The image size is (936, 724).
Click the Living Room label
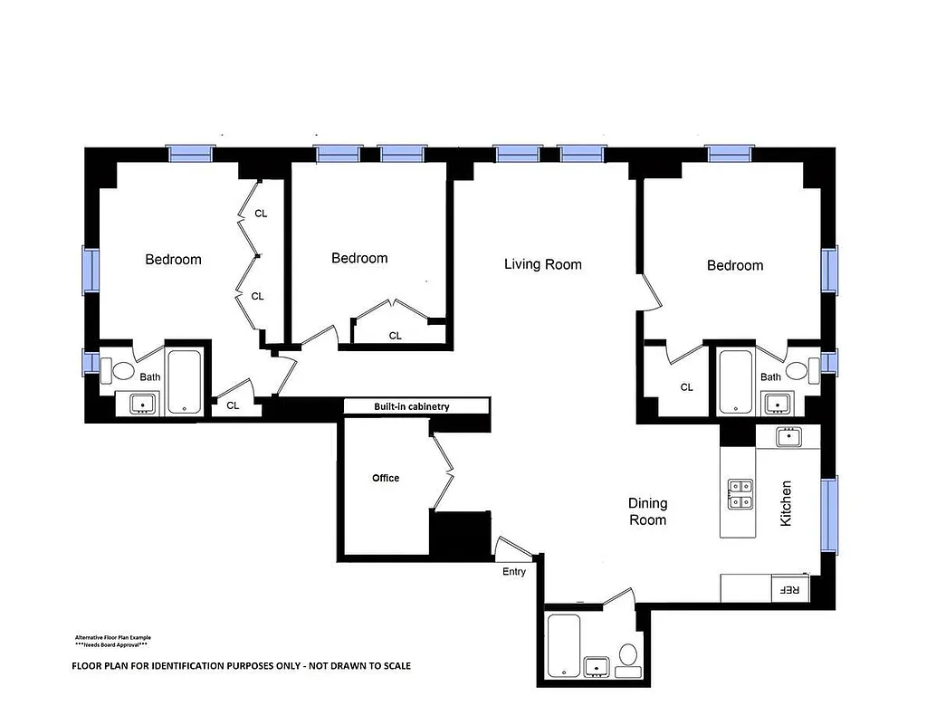click(x=542, y=264)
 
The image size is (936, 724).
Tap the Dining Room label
click(x=648, y=511)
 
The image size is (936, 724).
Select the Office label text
click(x=386, y=478)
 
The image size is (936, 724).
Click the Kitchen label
click(x=786, y=504)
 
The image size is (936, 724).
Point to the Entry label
click(x=514, y=571)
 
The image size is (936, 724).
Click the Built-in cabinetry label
click(x=412, y=407)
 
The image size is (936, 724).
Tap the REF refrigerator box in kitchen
click(x=788, y=589)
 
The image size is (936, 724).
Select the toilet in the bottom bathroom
click(x=628, y=657)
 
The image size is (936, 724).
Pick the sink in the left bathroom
click(x=142, y=404)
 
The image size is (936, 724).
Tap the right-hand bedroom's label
click(x=735, y=265)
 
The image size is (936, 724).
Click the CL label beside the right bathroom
click(x=686, y=387)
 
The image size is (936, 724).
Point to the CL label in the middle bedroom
click(x=396, y=336)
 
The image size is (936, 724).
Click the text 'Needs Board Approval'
click(x=111, y=645)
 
